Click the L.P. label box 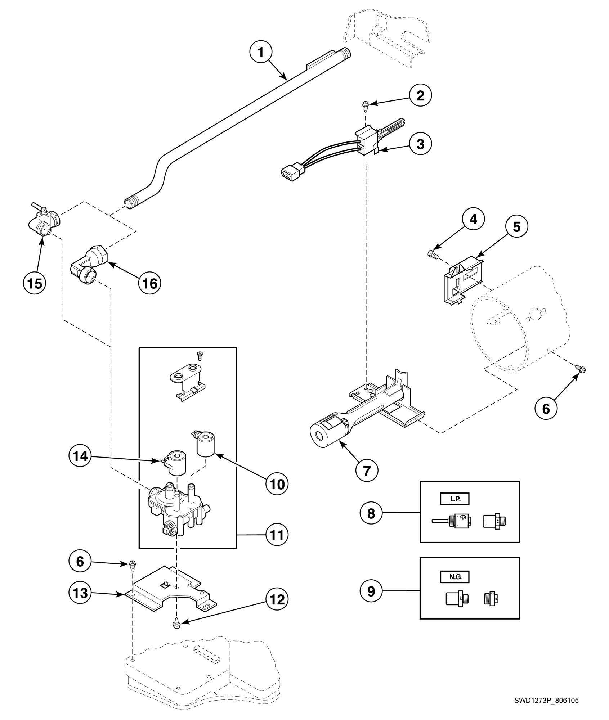click(x=455, y=499)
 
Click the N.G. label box click(x=455, y=577)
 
